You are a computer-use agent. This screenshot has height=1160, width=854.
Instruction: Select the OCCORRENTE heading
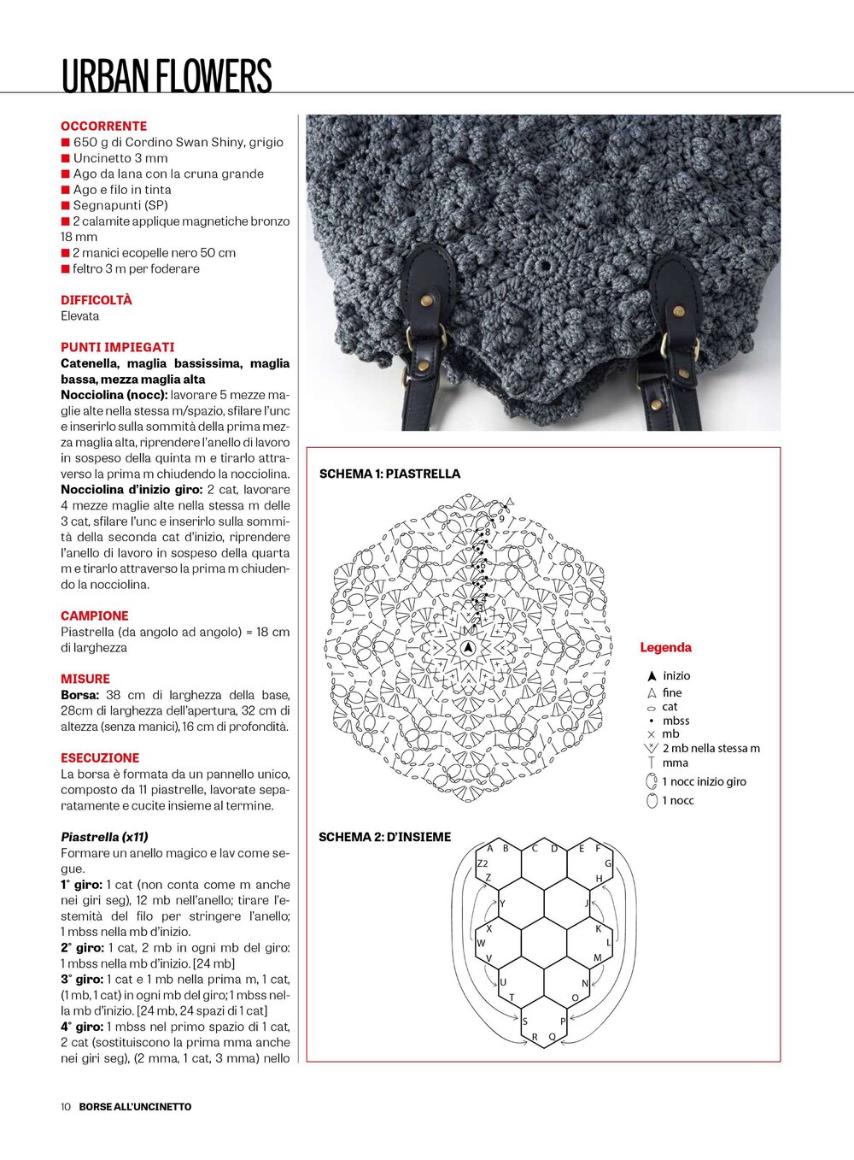[x=103, y=126]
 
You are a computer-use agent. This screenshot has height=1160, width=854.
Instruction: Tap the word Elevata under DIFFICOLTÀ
[x=79, y=315]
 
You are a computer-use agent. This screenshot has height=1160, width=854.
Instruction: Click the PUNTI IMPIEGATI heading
[x=117, y=347]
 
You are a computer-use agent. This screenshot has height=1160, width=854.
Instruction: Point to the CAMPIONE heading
[x=94, y=615]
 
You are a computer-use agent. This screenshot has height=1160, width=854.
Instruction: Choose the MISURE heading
[x=85, y=679]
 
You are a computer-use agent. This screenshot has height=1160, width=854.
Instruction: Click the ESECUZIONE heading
[x=99, y=757]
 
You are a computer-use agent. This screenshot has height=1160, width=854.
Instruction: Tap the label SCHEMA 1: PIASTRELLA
[x=389, y=474]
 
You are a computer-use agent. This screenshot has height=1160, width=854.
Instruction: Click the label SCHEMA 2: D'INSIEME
[x=384, y=837]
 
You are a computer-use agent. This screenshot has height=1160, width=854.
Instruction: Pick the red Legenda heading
[x=665, y=648]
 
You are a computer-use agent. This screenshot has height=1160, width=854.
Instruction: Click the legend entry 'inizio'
[x=676, y=675]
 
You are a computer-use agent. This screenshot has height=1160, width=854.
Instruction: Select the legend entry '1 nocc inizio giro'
[x=704, y=781]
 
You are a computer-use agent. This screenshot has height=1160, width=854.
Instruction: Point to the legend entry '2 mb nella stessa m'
[x=711, y=748]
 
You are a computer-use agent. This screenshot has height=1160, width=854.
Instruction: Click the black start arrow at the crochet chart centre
[x=467, y=649]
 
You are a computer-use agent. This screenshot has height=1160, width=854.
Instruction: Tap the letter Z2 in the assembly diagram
[x=482, y=863]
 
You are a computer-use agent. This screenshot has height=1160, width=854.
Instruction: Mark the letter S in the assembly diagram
[x=524, y=1021]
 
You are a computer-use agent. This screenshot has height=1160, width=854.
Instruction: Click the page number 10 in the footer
[x=66, y=1106]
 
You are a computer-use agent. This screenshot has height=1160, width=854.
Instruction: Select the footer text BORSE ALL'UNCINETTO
[x=135, y=1106]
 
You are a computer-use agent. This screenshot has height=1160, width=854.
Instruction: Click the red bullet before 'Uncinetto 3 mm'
[x=65, y=158]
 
